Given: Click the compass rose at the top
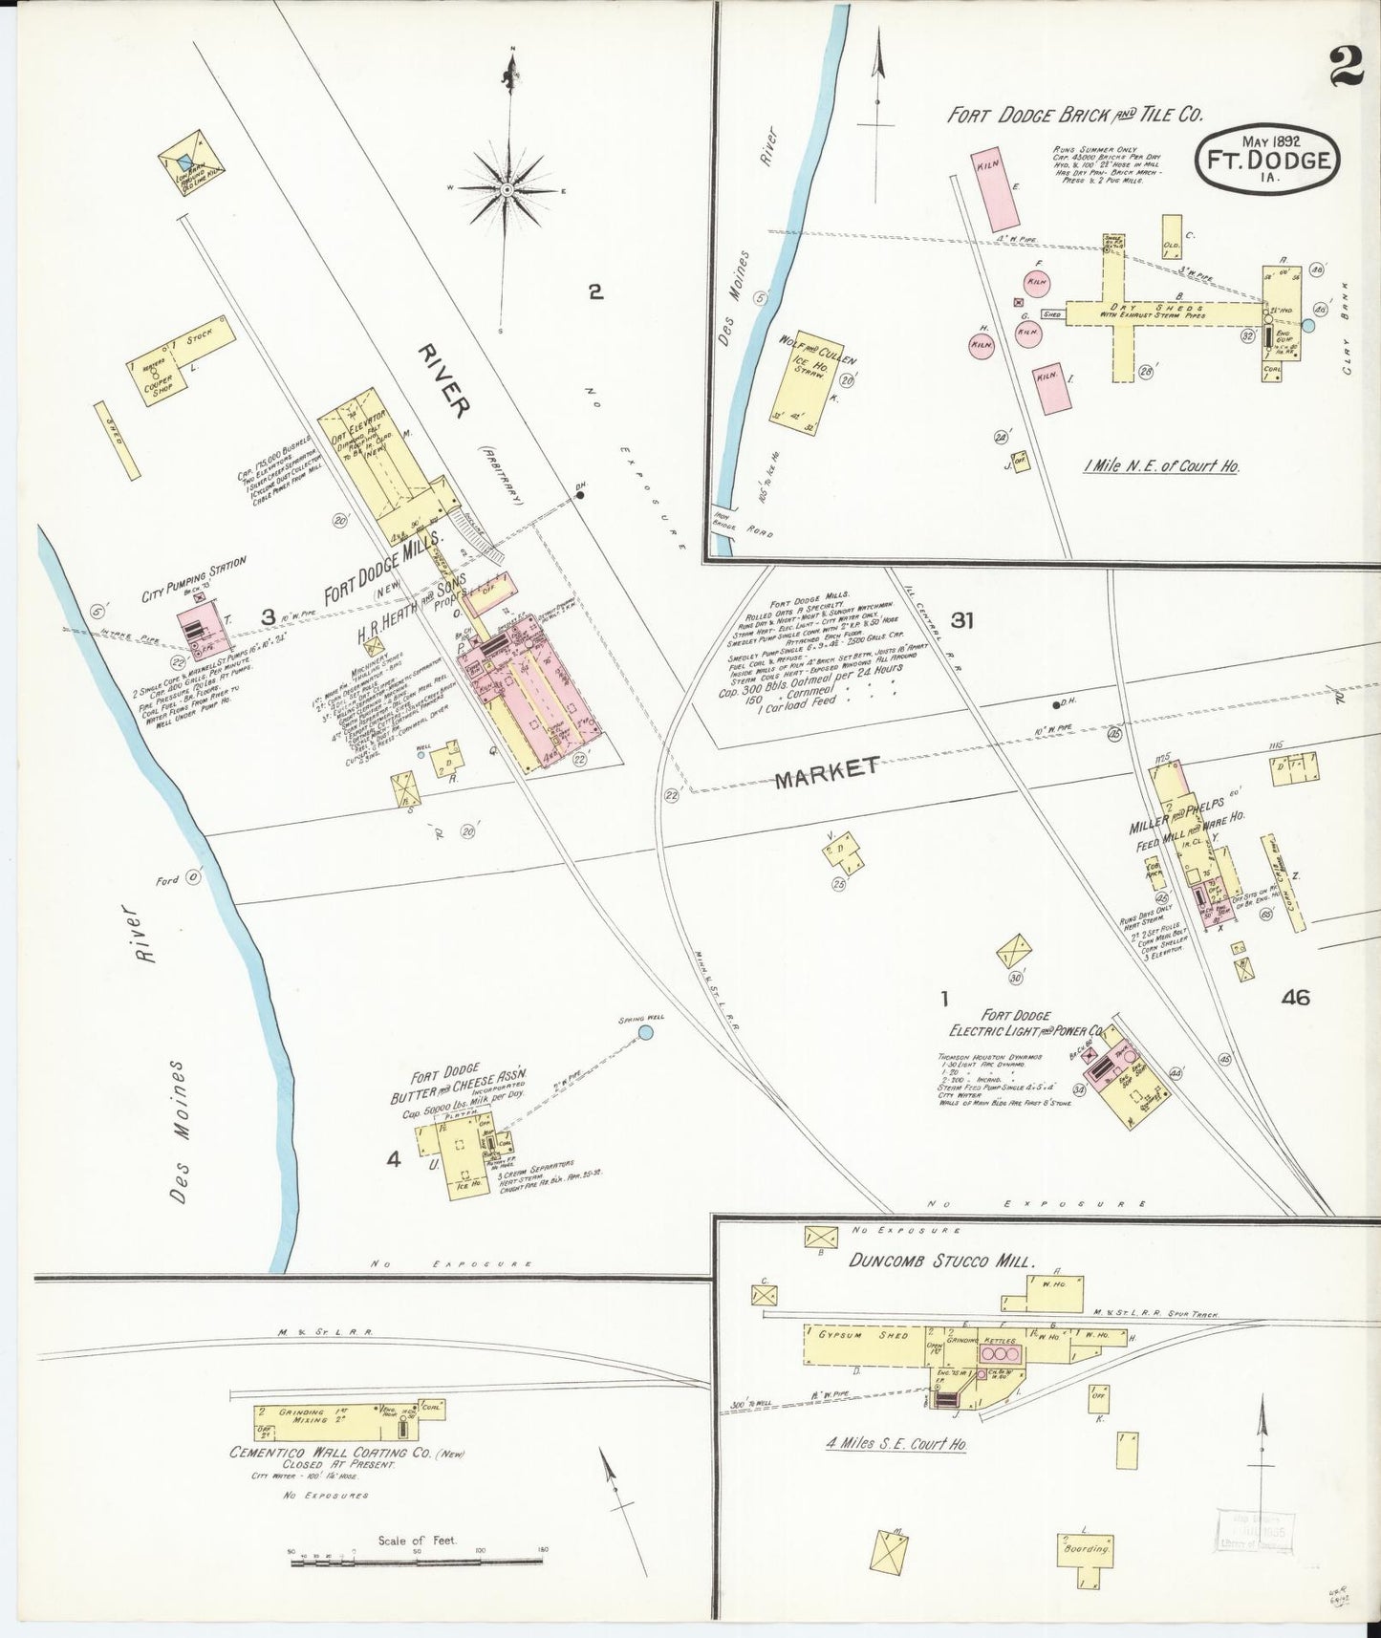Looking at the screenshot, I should (507, 191).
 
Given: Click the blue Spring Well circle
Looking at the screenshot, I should (645, 1032).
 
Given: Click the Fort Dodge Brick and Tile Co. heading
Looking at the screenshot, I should (1073, 115).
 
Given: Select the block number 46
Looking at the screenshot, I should (1296, 998).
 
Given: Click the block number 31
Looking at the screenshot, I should (961, 620).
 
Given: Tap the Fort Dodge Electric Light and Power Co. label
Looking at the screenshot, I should (1026, 1024).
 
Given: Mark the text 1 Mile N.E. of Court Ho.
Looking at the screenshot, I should (1160, 466).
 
